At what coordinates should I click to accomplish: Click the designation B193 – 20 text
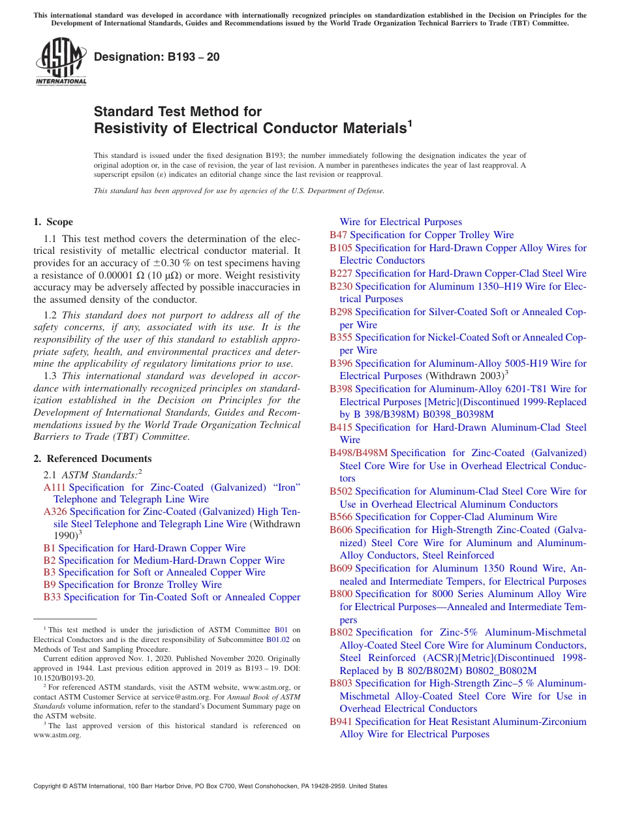(157, 57)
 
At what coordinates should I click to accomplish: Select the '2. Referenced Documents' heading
(92, 459)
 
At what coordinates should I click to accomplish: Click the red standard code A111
(55, 487)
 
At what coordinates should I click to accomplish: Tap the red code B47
(338, 235)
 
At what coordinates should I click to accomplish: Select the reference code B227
(341, 273)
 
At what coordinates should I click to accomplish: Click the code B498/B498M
(358, 453)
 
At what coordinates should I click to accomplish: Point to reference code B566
(341, 517)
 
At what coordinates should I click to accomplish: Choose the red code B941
(341, 722)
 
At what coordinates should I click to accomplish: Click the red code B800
(341, 594)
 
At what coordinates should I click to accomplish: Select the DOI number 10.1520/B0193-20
(63, 678)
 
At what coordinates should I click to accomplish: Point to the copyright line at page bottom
(210, 786)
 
